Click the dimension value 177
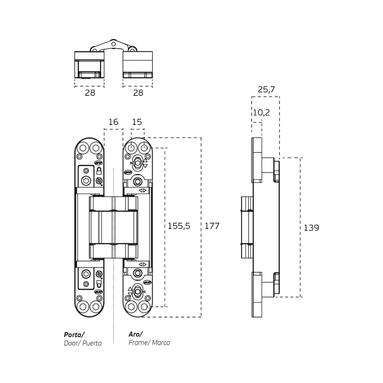[212, 226]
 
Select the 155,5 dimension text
[179, 226]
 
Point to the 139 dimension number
[311, 228]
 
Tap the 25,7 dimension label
[266, 89]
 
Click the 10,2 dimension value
[261, 112]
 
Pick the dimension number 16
[113, 122]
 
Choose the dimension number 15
[137, 122]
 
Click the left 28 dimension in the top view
[90, 93]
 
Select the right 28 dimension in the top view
[138, 93]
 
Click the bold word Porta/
[74, 334]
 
